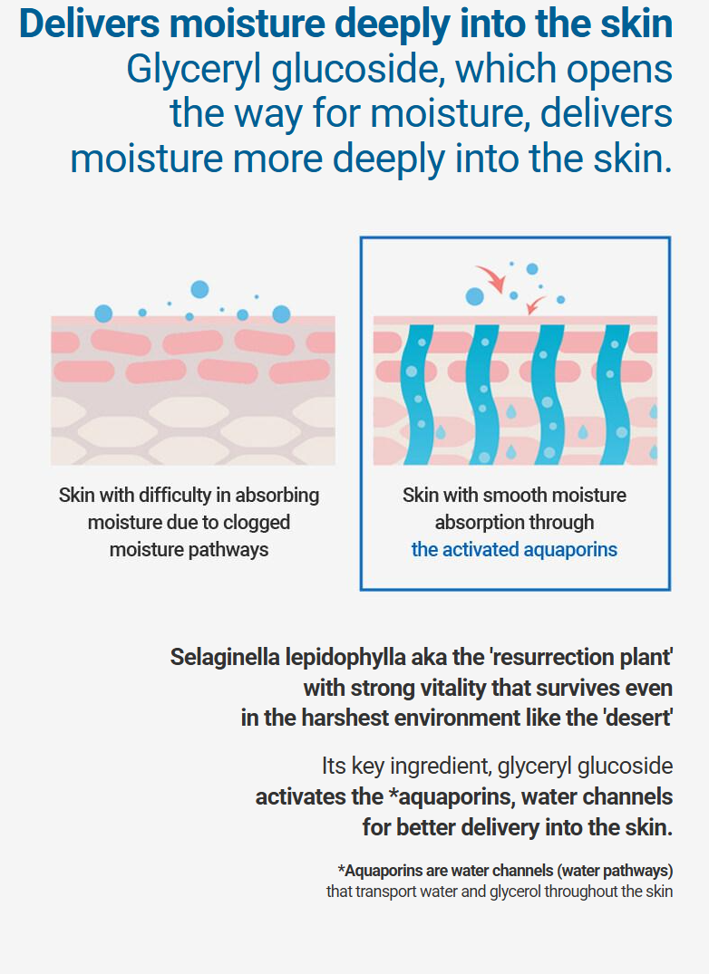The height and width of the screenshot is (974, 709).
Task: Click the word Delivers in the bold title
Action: (x=90, y=24)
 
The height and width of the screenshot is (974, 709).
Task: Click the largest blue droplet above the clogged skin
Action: (x=199, y=289)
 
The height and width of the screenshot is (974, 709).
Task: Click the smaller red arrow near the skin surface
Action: (x=534, y=305)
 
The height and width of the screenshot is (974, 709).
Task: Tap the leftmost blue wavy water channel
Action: (x=417, y=394)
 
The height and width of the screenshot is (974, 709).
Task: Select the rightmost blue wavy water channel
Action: (x=613, y=394)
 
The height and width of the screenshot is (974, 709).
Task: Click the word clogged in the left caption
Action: (x=257, y=523)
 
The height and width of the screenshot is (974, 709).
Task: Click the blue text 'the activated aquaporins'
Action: (x=514, y=550)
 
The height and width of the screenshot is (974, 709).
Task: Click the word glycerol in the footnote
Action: (x=515, y=892)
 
